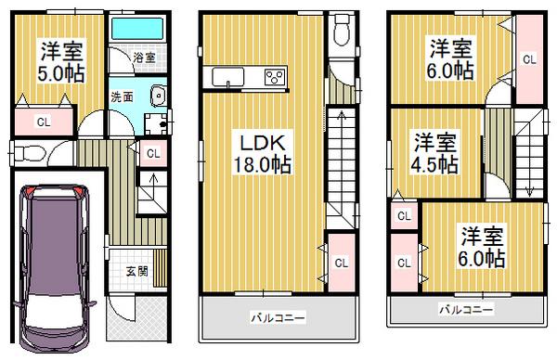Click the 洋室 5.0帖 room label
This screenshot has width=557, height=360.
[x=58, y=62]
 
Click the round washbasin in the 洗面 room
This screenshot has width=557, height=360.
[x=156, y=94]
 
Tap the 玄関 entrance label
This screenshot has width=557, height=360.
[x=135, y=272]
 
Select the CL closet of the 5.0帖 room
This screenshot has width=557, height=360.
[x=42, y=122]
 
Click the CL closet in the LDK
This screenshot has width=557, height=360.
[x=340, y=262]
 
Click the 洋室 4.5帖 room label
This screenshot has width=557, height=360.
[x=434, y=153]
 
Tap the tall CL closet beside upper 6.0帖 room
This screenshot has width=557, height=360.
[x=529, y=60]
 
